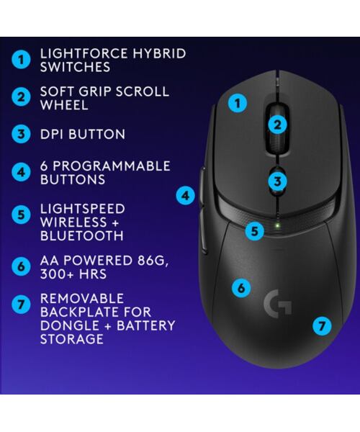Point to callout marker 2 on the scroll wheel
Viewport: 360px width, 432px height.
[x=278, y=124]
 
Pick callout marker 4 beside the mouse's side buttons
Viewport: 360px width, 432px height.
[x=186, y=194]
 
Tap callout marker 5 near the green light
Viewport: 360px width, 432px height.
[x=254, y=231]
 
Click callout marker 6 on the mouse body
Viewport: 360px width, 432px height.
[x=241, y=287]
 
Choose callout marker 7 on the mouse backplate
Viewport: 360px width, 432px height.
[x=322, y=325]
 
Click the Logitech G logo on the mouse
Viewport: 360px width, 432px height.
[x=278, y=302]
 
